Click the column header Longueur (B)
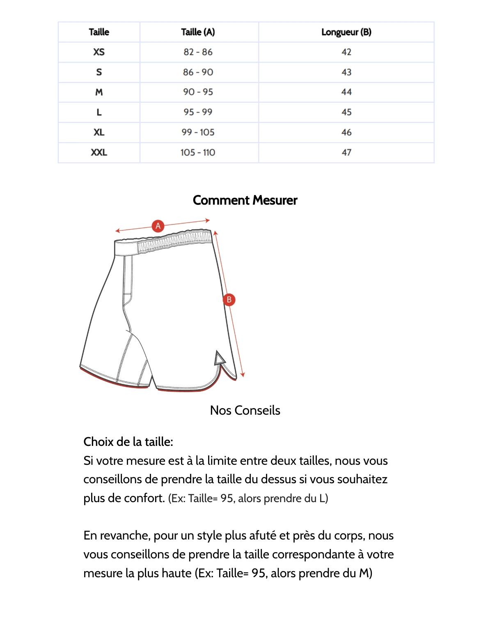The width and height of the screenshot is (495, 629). point(346,32)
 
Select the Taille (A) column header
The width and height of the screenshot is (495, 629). point(198,32)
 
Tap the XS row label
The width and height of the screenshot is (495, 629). point(99,52)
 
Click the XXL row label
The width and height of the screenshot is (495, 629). point(99,153)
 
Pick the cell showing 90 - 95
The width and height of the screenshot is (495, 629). point(198,92)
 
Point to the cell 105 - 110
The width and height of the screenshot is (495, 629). point(198,153)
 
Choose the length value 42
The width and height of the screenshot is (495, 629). point(346,52)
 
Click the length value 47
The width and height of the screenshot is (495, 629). point(346,153)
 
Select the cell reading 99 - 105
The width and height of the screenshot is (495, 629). point(198,132)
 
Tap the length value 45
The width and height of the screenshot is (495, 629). point(346,112)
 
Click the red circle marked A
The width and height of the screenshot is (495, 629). point(158,226)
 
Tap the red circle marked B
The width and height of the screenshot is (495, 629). point(229,300)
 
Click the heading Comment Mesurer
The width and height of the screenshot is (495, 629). point(245,200)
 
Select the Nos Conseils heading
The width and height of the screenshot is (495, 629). point(245,410)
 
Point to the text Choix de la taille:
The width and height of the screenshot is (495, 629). point(128,442)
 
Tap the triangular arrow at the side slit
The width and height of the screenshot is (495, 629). point(219,359)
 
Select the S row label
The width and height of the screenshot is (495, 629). point(99,72)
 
